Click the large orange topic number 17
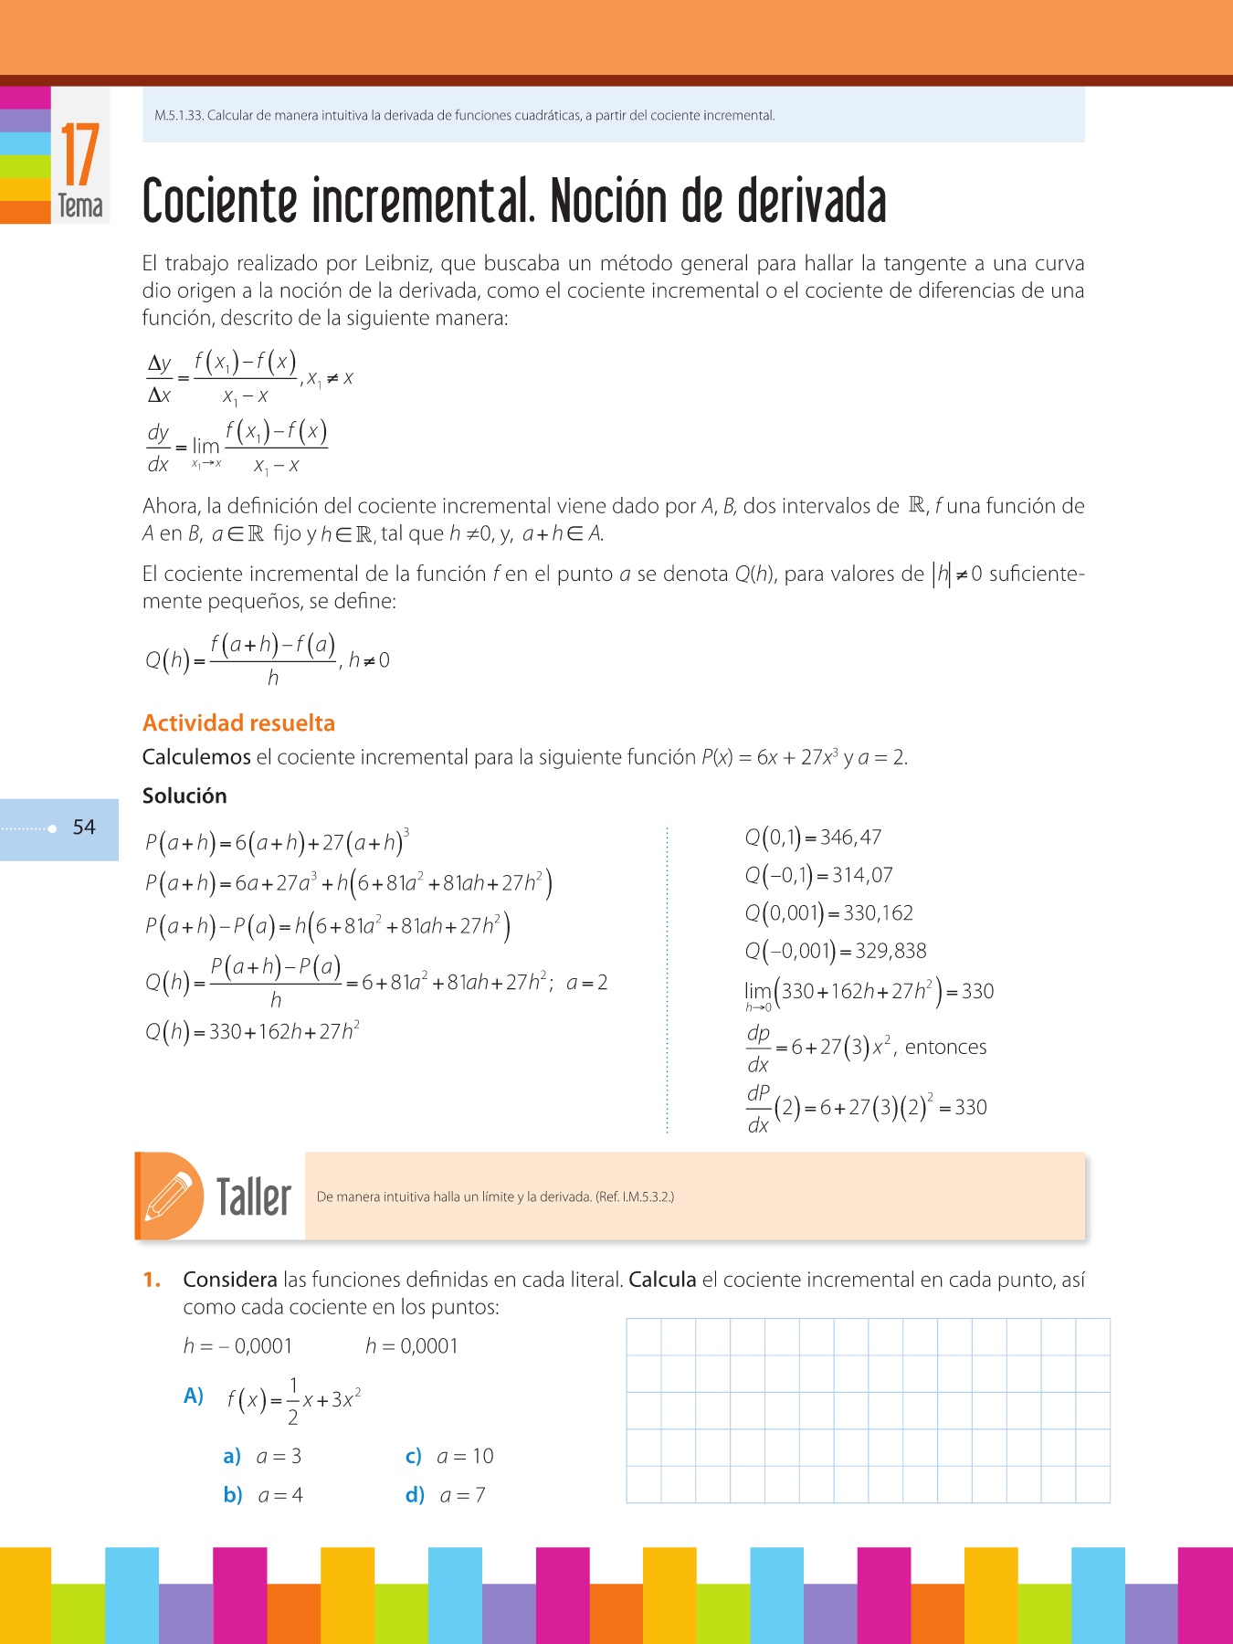pos(80,155)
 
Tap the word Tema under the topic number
pos(80,206)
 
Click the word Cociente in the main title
pos(220,202)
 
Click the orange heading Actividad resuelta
pos(238,723)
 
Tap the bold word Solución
pos(184,796)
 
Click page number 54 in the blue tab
pos(84,827)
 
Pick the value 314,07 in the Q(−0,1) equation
pos(862,875)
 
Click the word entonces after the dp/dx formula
pos(945,1048)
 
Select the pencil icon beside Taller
pos(169,1196)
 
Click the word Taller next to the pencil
pos(254,1196)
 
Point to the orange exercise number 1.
pos(152,1280)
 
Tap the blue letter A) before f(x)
pos(194,1396)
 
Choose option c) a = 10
pos(449,1456)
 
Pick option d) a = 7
pos(446,1495)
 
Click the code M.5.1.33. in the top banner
pos(179,116)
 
